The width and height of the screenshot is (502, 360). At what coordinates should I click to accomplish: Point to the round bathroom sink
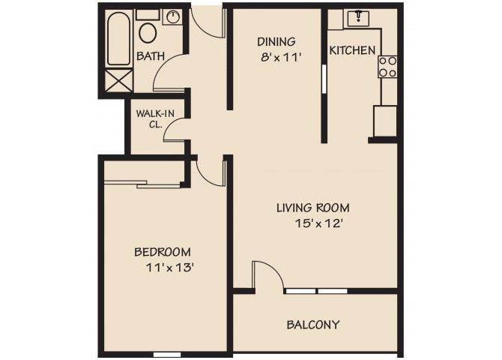click(172, 16)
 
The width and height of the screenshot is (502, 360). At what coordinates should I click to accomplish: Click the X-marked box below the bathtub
click(118, 79)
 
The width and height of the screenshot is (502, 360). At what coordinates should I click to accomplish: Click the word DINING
click(276, 42)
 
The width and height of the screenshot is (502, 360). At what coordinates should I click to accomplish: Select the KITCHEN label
click(352, 51)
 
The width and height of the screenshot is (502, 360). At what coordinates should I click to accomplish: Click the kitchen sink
click(360, 17)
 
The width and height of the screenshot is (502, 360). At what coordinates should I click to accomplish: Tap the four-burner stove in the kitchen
click(387, 67)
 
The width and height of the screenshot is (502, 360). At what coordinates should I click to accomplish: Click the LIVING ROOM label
click(312, 208)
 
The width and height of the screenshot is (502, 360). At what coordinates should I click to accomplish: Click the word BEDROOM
click(162, 252)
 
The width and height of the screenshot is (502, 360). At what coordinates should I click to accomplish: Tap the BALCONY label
click(313, 325)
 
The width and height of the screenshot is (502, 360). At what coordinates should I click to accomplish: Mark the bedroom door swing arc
click(212, 172)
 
